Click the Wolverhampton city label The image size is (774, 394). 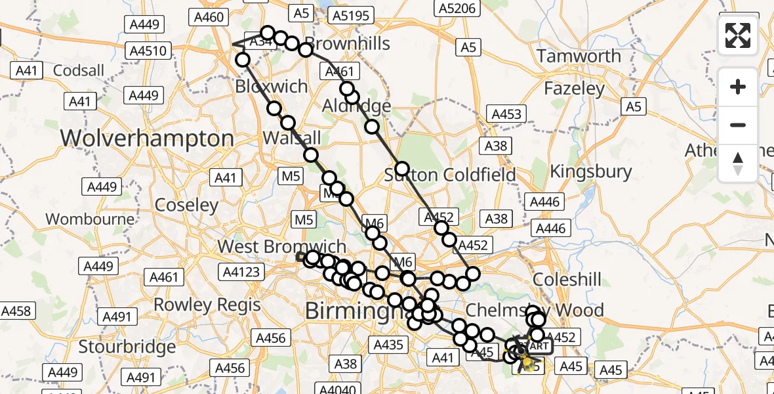click(x=147, y=139)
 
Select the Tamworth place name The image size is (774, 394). click(x=579, y=56)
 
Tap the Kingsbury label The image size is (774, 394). click(x=591, y=172)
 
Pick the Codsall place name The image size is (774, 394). click(x=79, y=70)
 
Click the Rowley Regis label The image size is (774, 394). click(x=207, y=305)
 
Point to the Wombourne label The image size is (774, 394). click(x=91, y=219)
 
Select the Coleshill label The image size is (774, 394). click(x=567, y=279)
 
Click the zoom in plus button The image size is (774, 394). click(x=738, y=87)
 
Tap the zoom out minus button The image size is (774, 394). click(x=738, y=125)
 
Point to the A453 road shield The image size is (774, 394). click(x=506, y=115)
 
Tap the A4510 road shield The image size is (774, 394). click(x=150, y=51)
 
